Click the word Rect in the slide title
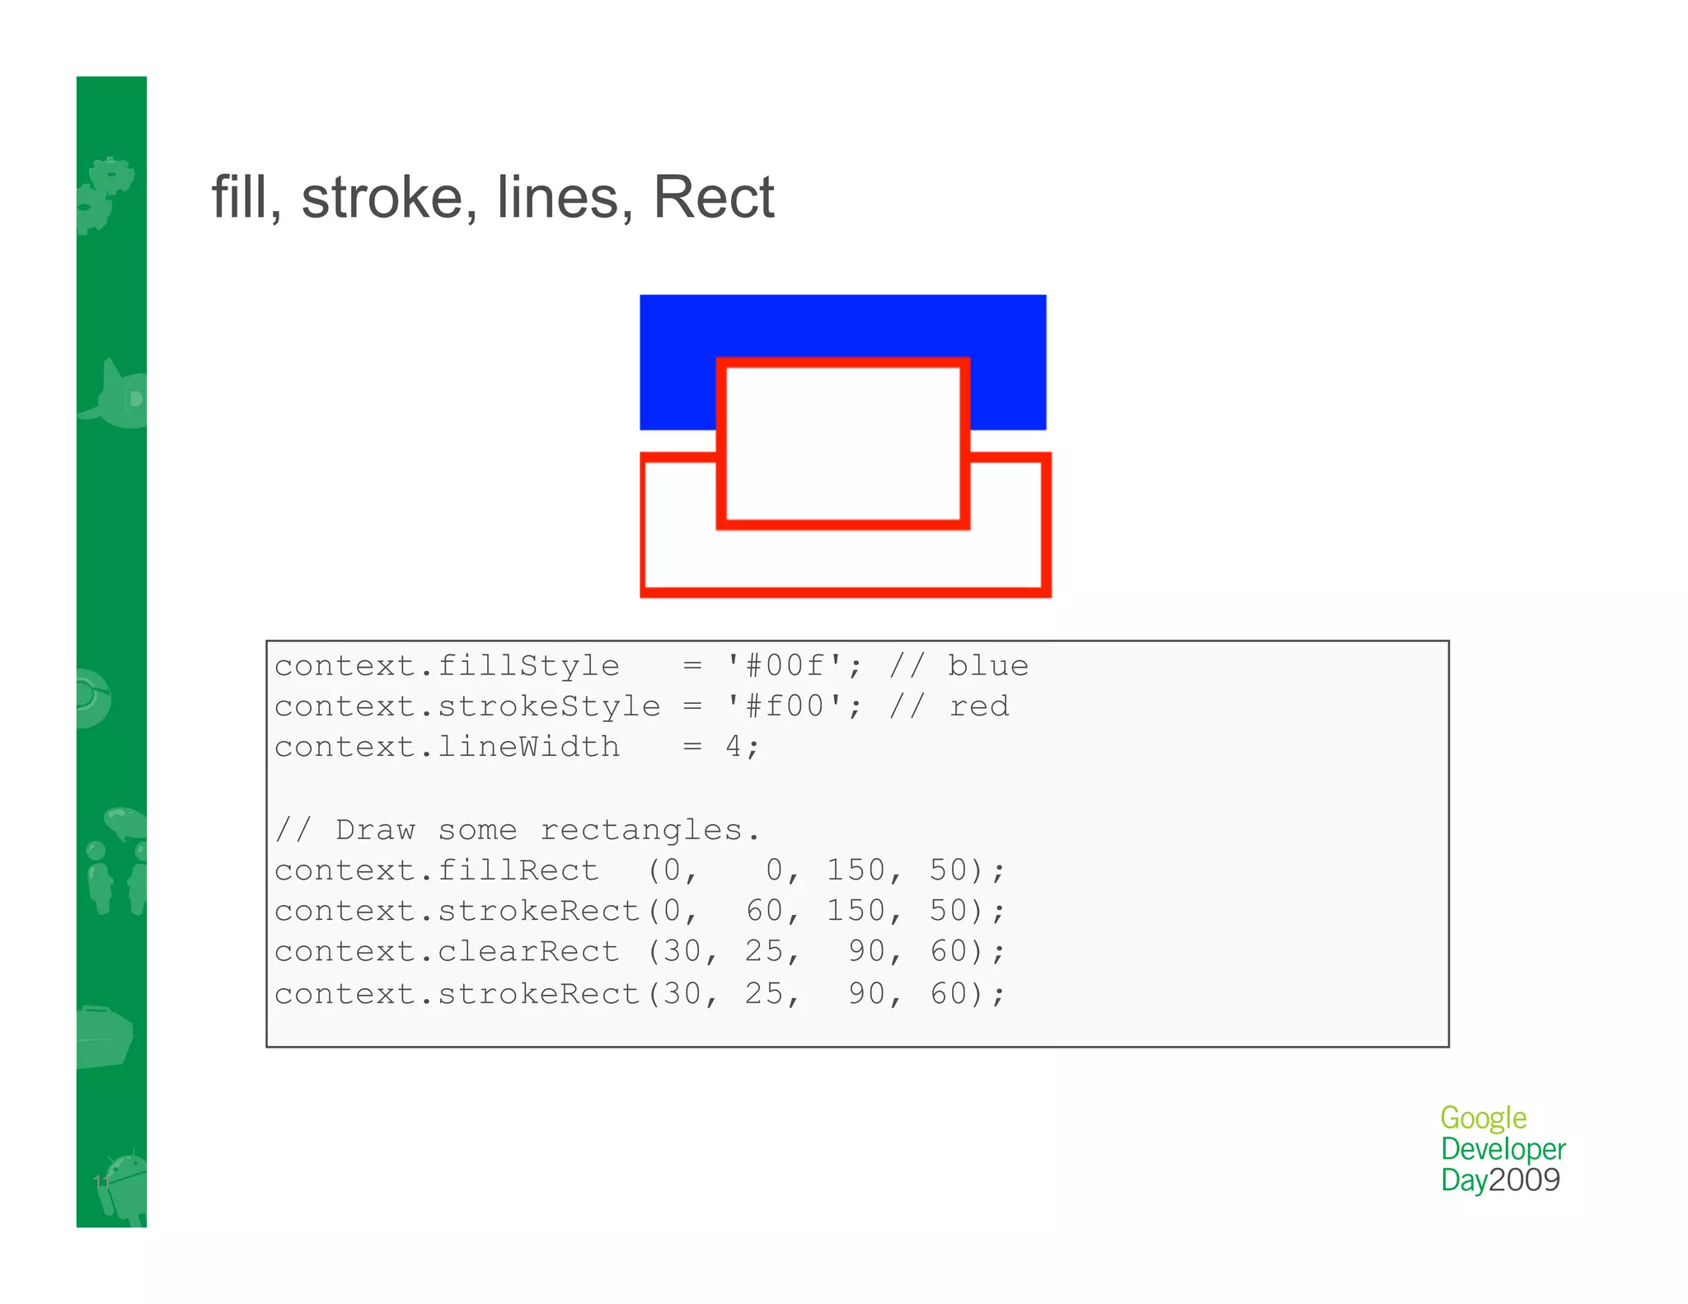point(714,198)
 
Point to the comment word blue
point(987,665)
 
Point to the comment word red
point(978,706)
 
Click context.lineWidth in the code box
point(447,747)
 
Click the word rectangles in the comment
point(641,830)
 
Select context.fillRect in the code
point(437,870)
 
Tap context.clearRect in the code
point(447,952)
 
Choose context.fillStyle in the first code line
point(447,665)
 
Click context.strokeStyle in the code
point(467,706)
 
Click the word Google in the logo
point(1483,1119)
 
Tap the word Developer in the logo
point(1503,1149)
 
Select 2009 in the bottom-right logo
point(1525,1180)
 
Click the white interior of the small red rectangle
point(842,443)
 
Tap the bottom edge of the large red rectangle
point(846,592)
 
